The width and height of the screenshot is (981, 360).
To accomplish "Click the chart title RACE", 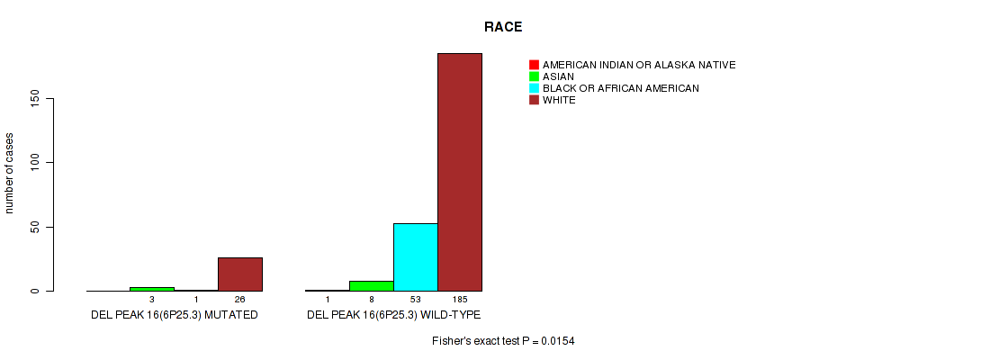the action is (x=503, y=27).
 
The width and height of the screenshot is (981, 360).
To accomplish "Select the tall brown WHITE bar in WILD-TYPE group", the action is (x=460, y=172).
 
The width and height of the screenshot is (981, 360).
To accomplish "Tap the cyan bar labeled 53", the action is (x=416, y=257).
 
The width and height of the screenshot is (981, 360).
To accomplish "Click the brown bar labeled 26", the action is (x=240, y=274).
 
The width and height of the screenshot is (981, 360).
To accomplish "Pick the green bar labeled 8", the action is (x=372, y=286).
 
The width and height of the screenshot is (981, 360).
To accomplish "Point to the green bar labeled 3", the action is (x=152, y=289).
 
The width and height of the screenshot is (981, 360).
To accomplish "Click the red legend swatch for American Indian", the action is (x=534, y=65).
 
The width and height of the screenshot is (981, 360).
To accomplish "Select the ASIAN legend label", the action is (x=558, y=76).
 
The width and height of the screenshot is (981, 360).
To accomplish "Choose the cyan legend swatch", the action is (x=534, y=88).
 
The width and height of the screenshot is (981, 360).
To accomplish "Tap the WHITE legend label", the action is (x=559, y=100).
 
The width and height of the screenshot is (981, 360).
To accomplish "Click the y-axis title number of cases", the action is (x=9, y=173).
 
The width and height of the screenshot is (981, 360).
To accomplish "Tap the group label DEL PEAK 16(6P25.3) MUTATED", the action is (x=175, y=315).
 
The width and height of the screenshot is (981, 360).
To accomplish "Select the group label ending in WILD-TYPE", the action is (x=393, y=315).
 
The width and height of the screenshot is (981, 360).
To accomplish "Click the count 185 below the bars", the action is (x=460, y=300).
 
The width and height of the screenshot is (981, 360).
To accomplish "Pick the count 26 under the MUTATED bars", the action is (x=240, y=300).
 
